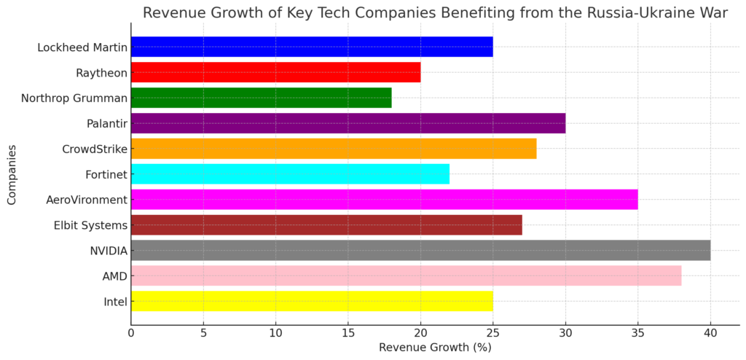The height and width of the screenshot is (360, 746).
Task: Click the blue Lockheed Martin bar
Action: coord(312,47)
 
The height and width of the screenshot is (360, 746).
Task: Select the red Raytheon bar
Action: coord(275,73)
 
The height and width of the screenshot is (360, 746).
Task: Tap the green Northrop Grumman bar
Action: coord(261,98)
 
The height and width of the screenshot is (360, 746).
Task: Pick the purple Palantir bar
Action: coord(348,123)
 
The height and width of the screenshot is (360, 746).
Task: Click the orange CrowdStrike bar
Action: coord(334,149)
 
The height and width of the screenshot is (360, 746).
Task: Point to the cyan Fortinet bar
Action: coord(290,174)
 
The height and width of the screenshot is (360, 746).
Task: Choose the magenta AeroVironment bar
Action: coord(384,200)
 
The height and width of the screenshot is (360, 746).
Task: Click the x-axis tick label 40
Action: coord(710,334)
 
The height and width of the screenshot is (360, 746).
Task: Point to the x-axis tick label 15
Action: coord(348,334)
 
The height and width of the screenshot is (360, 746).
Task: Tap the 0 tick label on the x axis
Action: coord(131,334)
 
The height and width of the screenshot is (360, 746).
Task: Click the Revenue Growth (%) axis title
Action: coord(435,348)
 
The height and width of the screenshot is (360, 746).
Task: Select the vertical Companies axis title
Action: coord(12,174)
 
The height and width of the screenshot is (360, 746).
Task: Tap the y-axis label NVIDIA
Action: coord(108,251)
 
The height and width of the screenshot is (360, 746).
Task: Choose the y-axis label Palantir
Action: coord(106,124)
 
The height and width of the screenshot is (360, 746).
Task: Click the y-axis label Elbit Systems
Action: coord(91,225)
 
